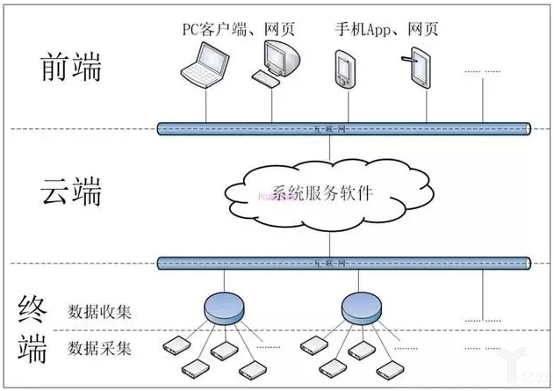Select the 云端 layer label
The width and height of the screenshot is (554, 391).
tap(71, 190)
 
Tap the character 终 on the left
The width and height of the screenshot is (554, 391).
tap(32, 308)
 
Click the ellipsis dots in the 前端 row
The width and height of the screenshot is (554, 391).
tap(478, 70)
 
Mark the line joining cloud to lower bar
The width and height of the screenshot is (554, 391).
tap(330, 238)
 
